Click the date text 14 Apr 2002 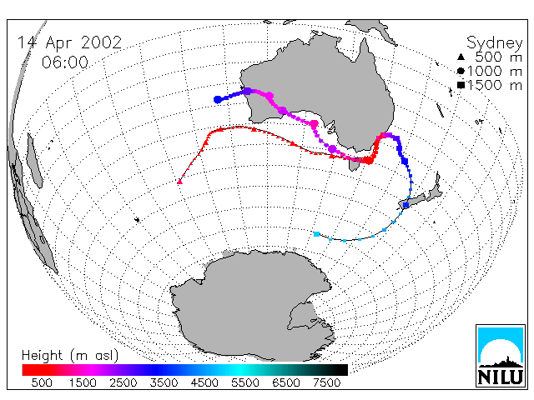click(69, 43)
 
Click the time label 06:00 click(65, 62)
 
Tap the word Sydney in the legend click(494, 43)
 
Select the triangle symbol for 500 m click(461, 57)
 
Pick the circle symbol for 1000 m click(461, 71)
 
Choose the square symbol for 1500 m click(461, 85)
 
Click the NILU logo click(501, 356)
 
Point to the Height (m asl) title click(70, 356)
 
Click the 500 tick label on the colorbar click(42, 383)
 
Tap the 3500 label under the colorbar click(164, 383)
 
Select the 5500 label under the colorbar click(245, 383)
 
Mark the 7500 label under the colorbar click(326, 383)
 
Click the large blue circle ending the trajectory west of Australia click(217, 100)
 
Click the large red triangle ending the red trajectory click(180, 182)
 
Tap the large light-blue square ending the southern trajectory click(316, 234)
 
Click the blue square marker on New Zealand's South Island click(406, 205)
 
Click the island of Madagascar click(34, 161)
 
